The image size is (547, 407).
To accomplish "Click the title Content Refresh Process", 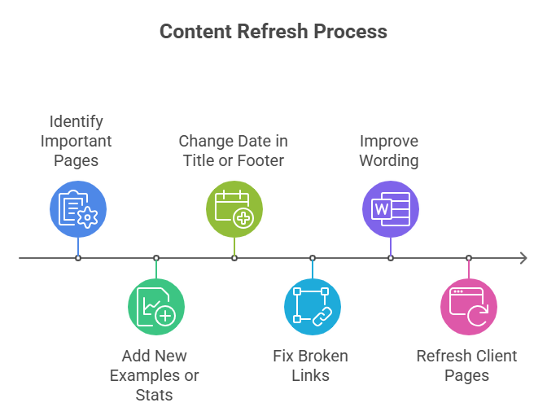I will coord(273,32).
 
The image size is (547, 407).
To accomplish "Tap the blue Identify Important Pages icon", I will coord(78,209).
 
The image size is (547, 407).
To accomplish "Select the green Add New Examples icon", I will coord(156,307).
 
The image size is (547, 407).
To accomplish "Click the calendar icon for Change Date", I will coord(234,209).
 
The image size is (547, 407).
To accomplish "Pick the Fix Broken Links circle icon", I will coord(313,307).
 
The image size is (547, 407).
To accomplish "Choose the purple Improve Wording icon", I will coord(391,209).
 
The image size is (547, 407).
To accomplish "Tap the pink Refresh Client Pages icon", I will coord(469,307).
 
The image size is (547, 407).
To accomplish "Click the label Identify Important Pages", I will coord(77,141).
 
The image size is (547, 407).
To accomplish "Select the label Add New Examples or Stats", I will coord(155,375).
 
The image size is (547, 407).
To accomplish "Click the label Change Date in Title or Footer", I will coord(233,151).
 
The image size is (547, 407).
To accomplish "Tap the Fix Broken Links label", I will coord(310,365).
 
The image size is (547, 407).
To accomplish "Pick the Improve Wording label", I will coord(389,151).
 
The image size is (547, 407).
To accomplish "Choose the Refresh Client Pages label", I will coord(466,365).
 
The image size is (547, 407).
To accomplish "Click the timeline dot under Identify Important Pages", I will coord(78,258).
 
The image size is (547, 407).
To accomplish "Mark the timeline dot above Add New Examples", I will coord(156,258).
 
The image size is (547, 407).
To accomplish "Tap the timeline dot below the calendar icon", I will coord(234,258).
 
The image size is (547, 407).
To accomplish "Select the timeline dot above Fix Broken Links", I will coord(313,258).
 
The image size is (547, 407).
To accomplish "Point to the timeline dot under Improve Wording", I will coord(391,258).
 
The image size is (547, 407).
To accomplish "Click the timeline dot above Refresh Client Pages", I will coord(469,258).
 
